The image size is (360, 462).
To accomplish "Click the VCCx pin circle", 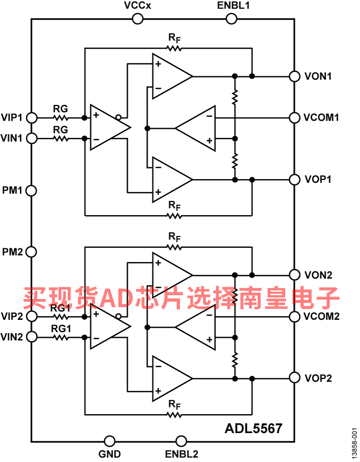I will pyautogui.click(x=137, y=18).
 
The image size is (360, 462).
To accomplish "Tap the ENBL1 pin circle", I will pyautogui.click(x=232, y=18).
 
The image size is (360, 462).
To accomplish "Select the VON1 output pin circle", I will pyautogui.click(x=295, y=76).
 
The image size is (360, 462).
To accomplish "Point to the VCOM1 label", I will pyautogui.click(x=321, y=117).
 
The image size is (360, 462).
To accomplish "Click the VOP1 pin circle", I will pyautogui.click(x=295, y=180).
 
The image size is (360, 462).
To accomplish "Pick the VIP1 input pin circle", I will pyautogui.click(x=31, y=117).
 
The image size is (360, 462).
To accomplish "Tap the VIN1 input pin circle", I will pyautogui.click(x=31, y=138).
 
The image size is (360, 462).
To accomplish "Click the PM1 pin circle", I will pyautogui.click(x=31, y=190).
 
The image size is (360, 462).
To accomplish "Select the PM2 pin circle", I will pyautogui.click(x=31, y=252).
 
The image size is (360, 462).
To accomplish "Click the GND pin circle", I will pyautogui.click(x=109, y=441).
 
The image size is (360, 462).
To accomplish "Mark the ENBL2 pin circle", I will pyautogui.click(x=181, y=441).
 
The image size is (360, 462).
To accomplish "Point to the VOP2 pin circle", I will pyautogui.click(x=295, y=378).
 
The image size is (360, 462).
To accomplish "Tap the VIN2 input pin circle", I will pyautogui.click(x=31, y=337).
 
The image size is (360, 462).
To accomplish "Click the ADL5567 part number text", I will pyautogui.click(x=253, y=428).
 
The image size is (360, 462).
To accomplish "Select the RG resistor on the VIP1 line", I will pyautogui.click(x=61, y=118).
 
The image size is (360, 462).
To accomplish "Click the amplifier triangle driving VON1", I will pyautogui.click(x=171, y=76).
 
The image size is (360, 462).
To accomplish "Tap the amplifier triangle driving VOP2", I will pyautogui.click(x=171, y=378).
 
